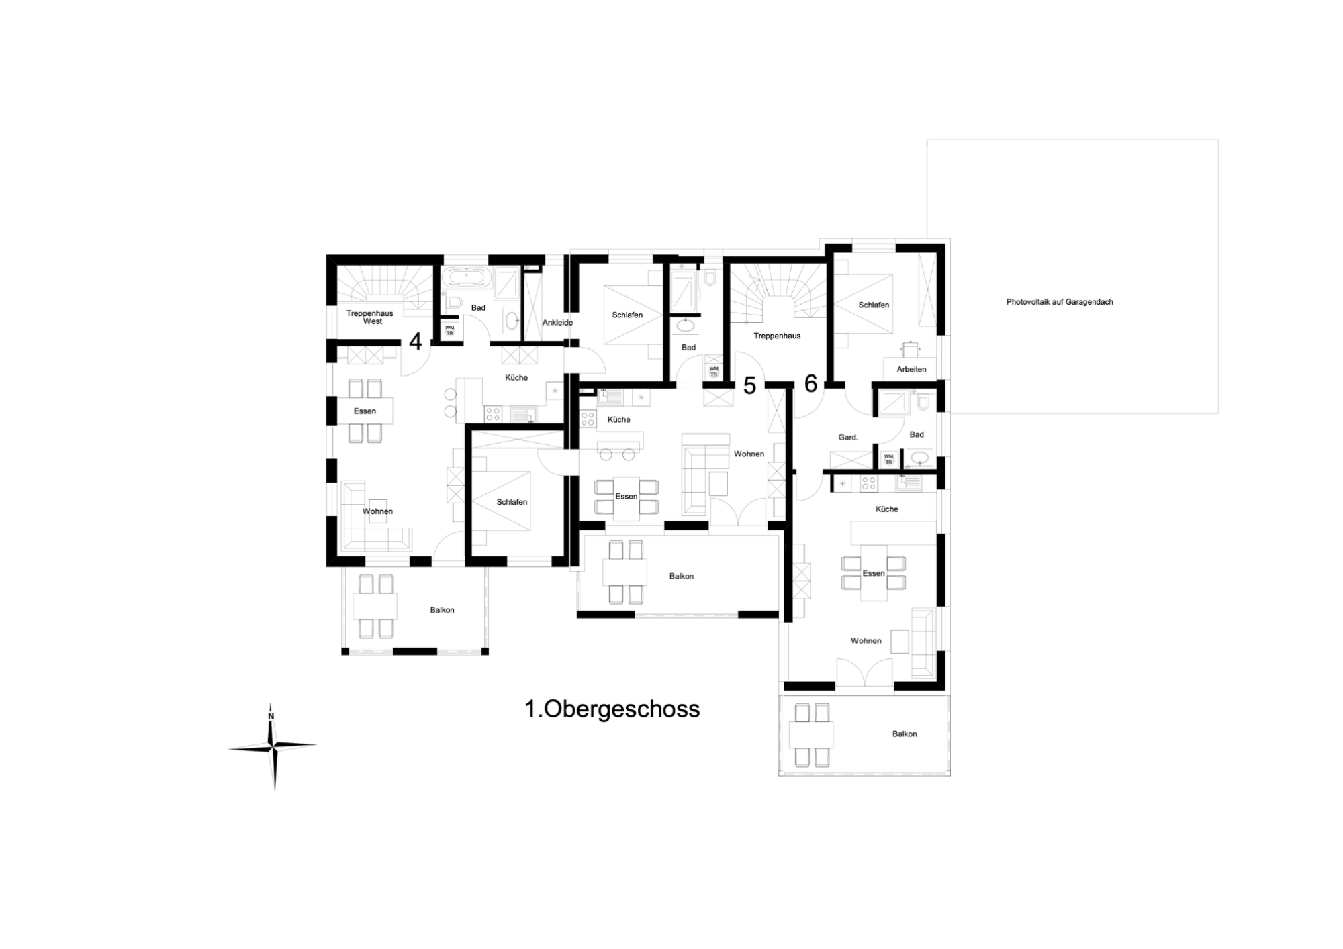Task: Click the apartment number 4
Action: click(x=416, y=342)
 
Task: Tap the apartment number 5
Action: click(x=750, y=385)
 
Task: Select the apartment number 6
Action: click(x=811, y=384)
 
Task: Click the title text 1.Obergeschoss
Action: click(x=612, y=709)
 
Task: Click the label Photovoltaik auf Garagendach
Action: click(x=1060, y=302)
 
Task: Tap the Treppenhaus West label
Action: click(x=370, y=317)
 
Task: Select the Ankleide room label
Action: click(x=557, y=323)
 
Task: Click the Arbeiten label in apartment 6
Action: click(x=911, y=369)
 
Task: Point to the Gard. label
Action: click(x=848, y=438)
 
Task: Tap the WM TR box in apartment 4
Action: click(x=450, y=330)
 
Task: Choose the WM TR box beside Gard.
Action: click(x=888, y=460)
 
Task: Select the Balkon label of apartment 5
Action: click(x=682, y=577)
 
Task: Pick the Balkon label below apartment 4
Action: click(x=443, y=610)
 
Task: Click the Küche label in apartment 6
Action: click(x=887, y=509)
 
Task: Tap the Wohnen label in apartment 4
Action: click(x=377, y=511)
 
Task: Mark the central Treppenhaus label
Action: click(x=777, y=336)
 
